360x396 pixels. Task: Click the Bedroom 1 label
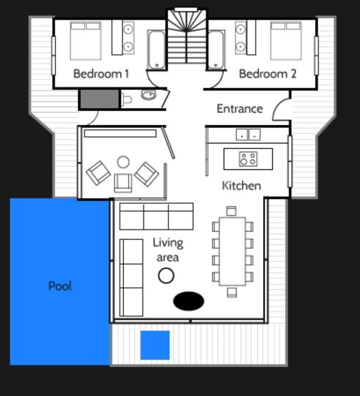click(101, 74)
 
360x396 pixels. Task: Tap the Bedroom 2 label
click(268, 74)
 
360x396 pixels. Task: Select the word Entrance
click(239, 109)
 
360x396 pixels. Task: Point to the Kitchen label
click(241, 185)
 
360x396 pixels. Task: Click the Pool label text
click(60, 286)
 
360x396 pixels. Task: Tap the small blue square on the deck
click(155, 345)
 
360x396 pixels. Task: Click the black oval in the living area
click(189, 301)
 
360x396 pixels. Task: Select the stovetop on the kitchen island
click(248, 159)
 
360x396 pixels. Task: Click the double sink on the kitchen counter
click(248, 135)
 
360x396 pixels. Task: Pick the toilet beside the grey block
click(126, 99)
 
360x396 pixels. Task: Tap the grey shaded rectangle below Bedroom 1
click(99, 99)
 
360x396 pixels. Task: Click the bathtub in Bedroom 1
click(156, 50)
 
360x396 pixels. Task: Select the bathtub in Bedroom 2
click(216, 50)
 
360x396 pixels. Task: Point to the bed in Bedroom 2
click(286, 41)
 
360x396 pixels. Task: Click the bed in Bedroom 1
click(86, 41)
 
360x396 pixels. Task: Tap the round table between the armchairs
click(123, 162)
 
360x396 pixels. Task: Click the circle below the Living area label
click(166, 275)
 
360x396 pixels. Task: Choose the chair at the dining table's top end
click(231, 211)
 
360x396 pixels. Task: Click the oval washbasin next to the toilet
click(148, 95)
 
